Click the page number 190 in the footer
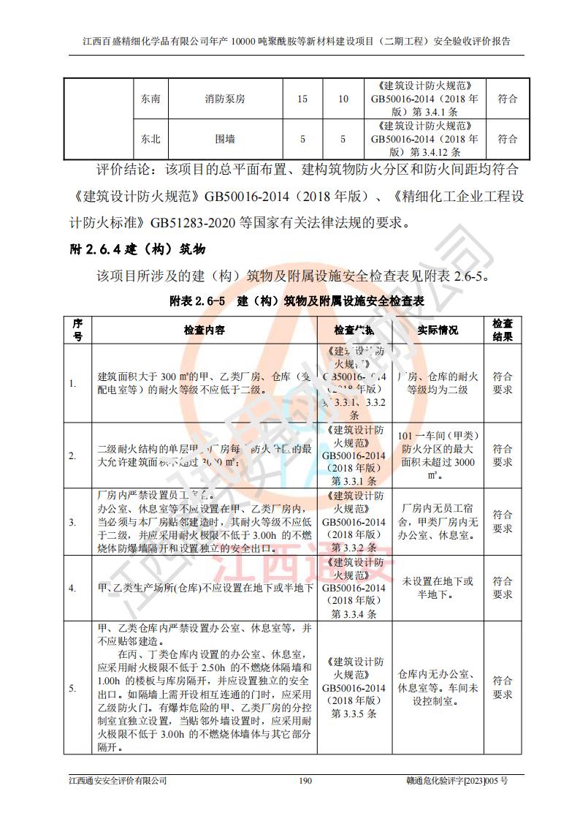(305, 781)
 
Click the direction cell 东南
(150, 99)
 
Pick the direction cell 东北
(150, 138)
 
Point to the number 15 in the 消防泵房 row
(302, 99)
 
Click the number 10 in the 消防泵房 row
(343, 99)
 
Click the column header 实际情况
(438, 330)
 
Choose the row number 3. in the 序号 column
(72, 522)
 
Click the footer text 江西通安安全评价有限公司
(113, 781)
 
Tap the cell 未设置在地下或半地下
(438, 588)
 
